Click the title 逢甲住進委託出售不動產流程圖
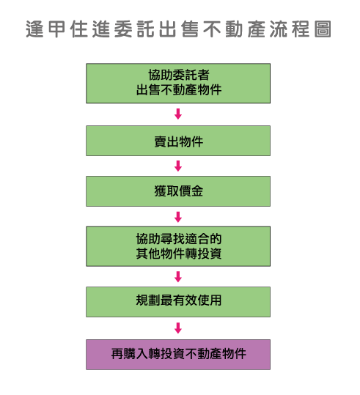(x=178, y=29)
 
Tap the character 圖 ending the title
(x=323, y=29)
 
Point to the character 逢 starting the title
(x=34, y=29)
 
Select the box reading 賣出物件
(x=178, y=141)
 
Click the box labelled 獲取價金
(x=178, y=191)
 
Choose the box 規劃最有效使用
(x=178, y=302)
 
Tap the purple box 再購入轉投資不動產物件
(x=178, y=355)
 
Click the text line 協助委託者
(x=179, y=75)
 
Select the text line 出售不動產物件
(x=179, y=89)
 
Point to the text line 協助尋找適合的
(x=179, y=239)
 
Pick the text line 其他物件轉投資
(x=179, y=254)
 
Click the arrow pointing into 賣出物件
(x=178, y=114)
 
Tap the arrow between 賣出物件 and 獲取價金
(x=178, y=166)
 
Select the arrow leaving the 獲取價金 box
(x=178, y=217)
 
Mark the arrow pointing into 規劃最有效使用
(x=178, y=277)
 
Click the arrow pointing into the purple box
(x=178, y=328)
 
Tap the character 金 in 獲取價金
(x=197, y=191)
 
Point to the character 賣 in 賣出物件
(x=161, y=141)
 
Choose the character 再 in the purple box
(x=117, y=354)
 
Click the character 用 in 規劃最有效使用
(x=216, y=300)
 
